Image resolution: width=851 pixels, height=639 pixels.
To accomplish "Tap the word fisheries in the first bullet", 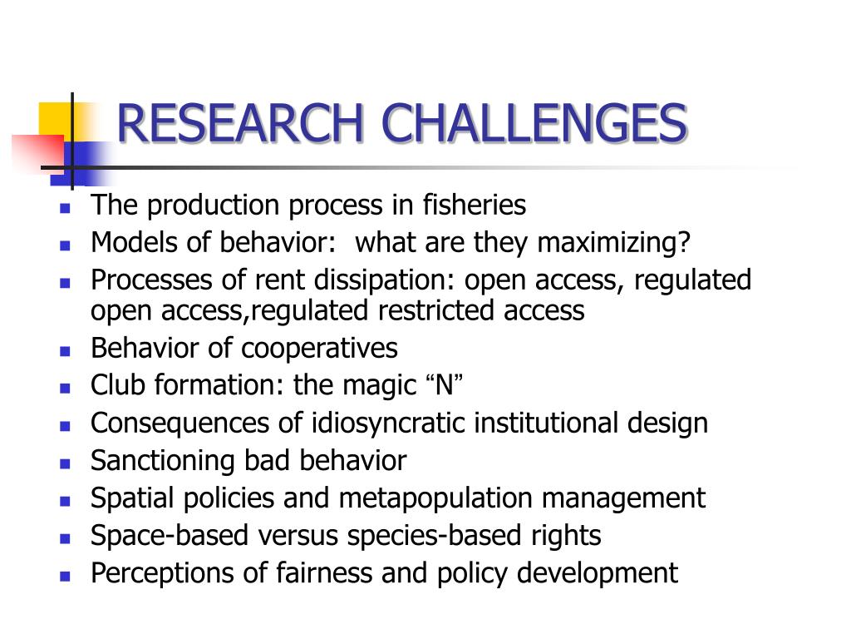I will coord(475,205).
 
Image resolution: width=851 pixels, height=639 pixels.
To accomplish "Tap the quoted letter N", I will coord(444,386).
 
